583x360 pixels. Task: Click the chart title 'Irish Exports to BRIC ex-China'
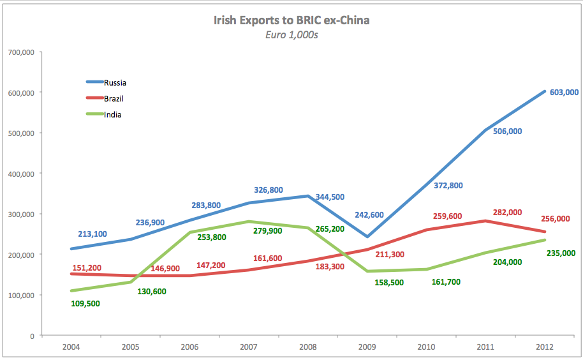(291, 20)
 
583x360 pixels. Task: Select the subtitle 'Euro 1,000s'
(291, 35)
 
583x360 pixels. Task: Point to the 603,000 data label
(563, 92)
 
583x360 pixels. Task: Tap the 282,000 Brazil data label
(508, 212)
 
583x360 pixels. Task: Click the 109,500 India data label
(85, 304)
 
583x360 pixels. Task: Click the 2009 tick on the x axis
(367, 346)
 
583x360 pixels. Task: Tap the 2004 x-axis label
(71, 346)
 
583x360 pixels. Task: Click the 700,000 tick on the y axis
(20, 52)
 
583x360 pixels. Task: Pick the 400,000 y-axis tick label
(20, 173)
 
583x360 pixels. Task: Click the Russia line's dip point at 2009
(367, 237)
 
